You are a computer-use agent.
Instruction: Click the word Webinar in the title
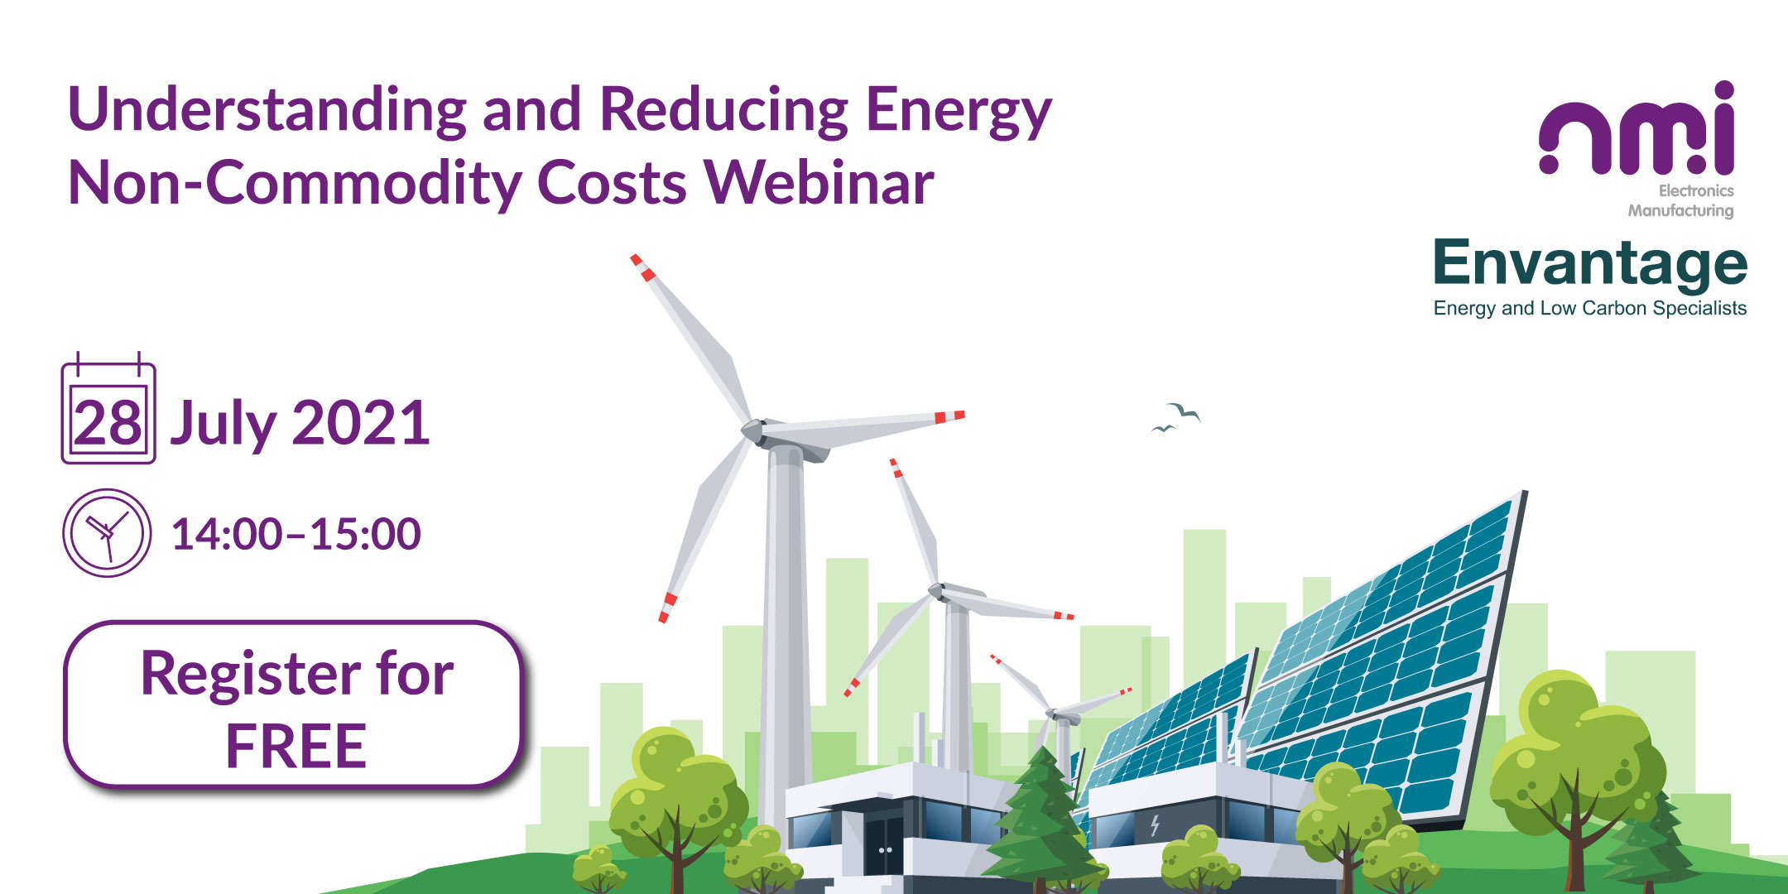(x=819, y=182)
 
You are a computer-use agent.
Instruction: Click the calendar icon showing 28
(x=108, y=408)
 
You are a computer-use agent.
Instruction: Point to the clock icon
(x=107, y=533)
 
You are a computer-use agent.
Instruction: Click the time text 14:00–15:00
(x=296, y=534)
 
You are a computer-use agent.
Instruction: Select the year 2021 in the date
(x=361, y=423)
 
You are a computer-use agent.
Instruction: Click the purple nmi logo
(x=1637, y=128)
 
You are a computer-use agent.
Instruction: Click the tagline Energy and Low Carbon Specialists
(x=1590, y=308)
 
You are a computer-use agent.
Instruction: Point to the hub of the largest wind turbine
(x=753, y=430)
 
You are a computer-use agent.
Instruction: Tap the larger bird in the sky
(x=1185, y=411)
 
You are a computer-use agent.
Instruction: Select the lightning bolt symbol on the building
(x=1155, y=825)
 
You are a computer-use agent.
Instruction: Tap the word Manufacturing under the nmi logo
(x=1680, y=211)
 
